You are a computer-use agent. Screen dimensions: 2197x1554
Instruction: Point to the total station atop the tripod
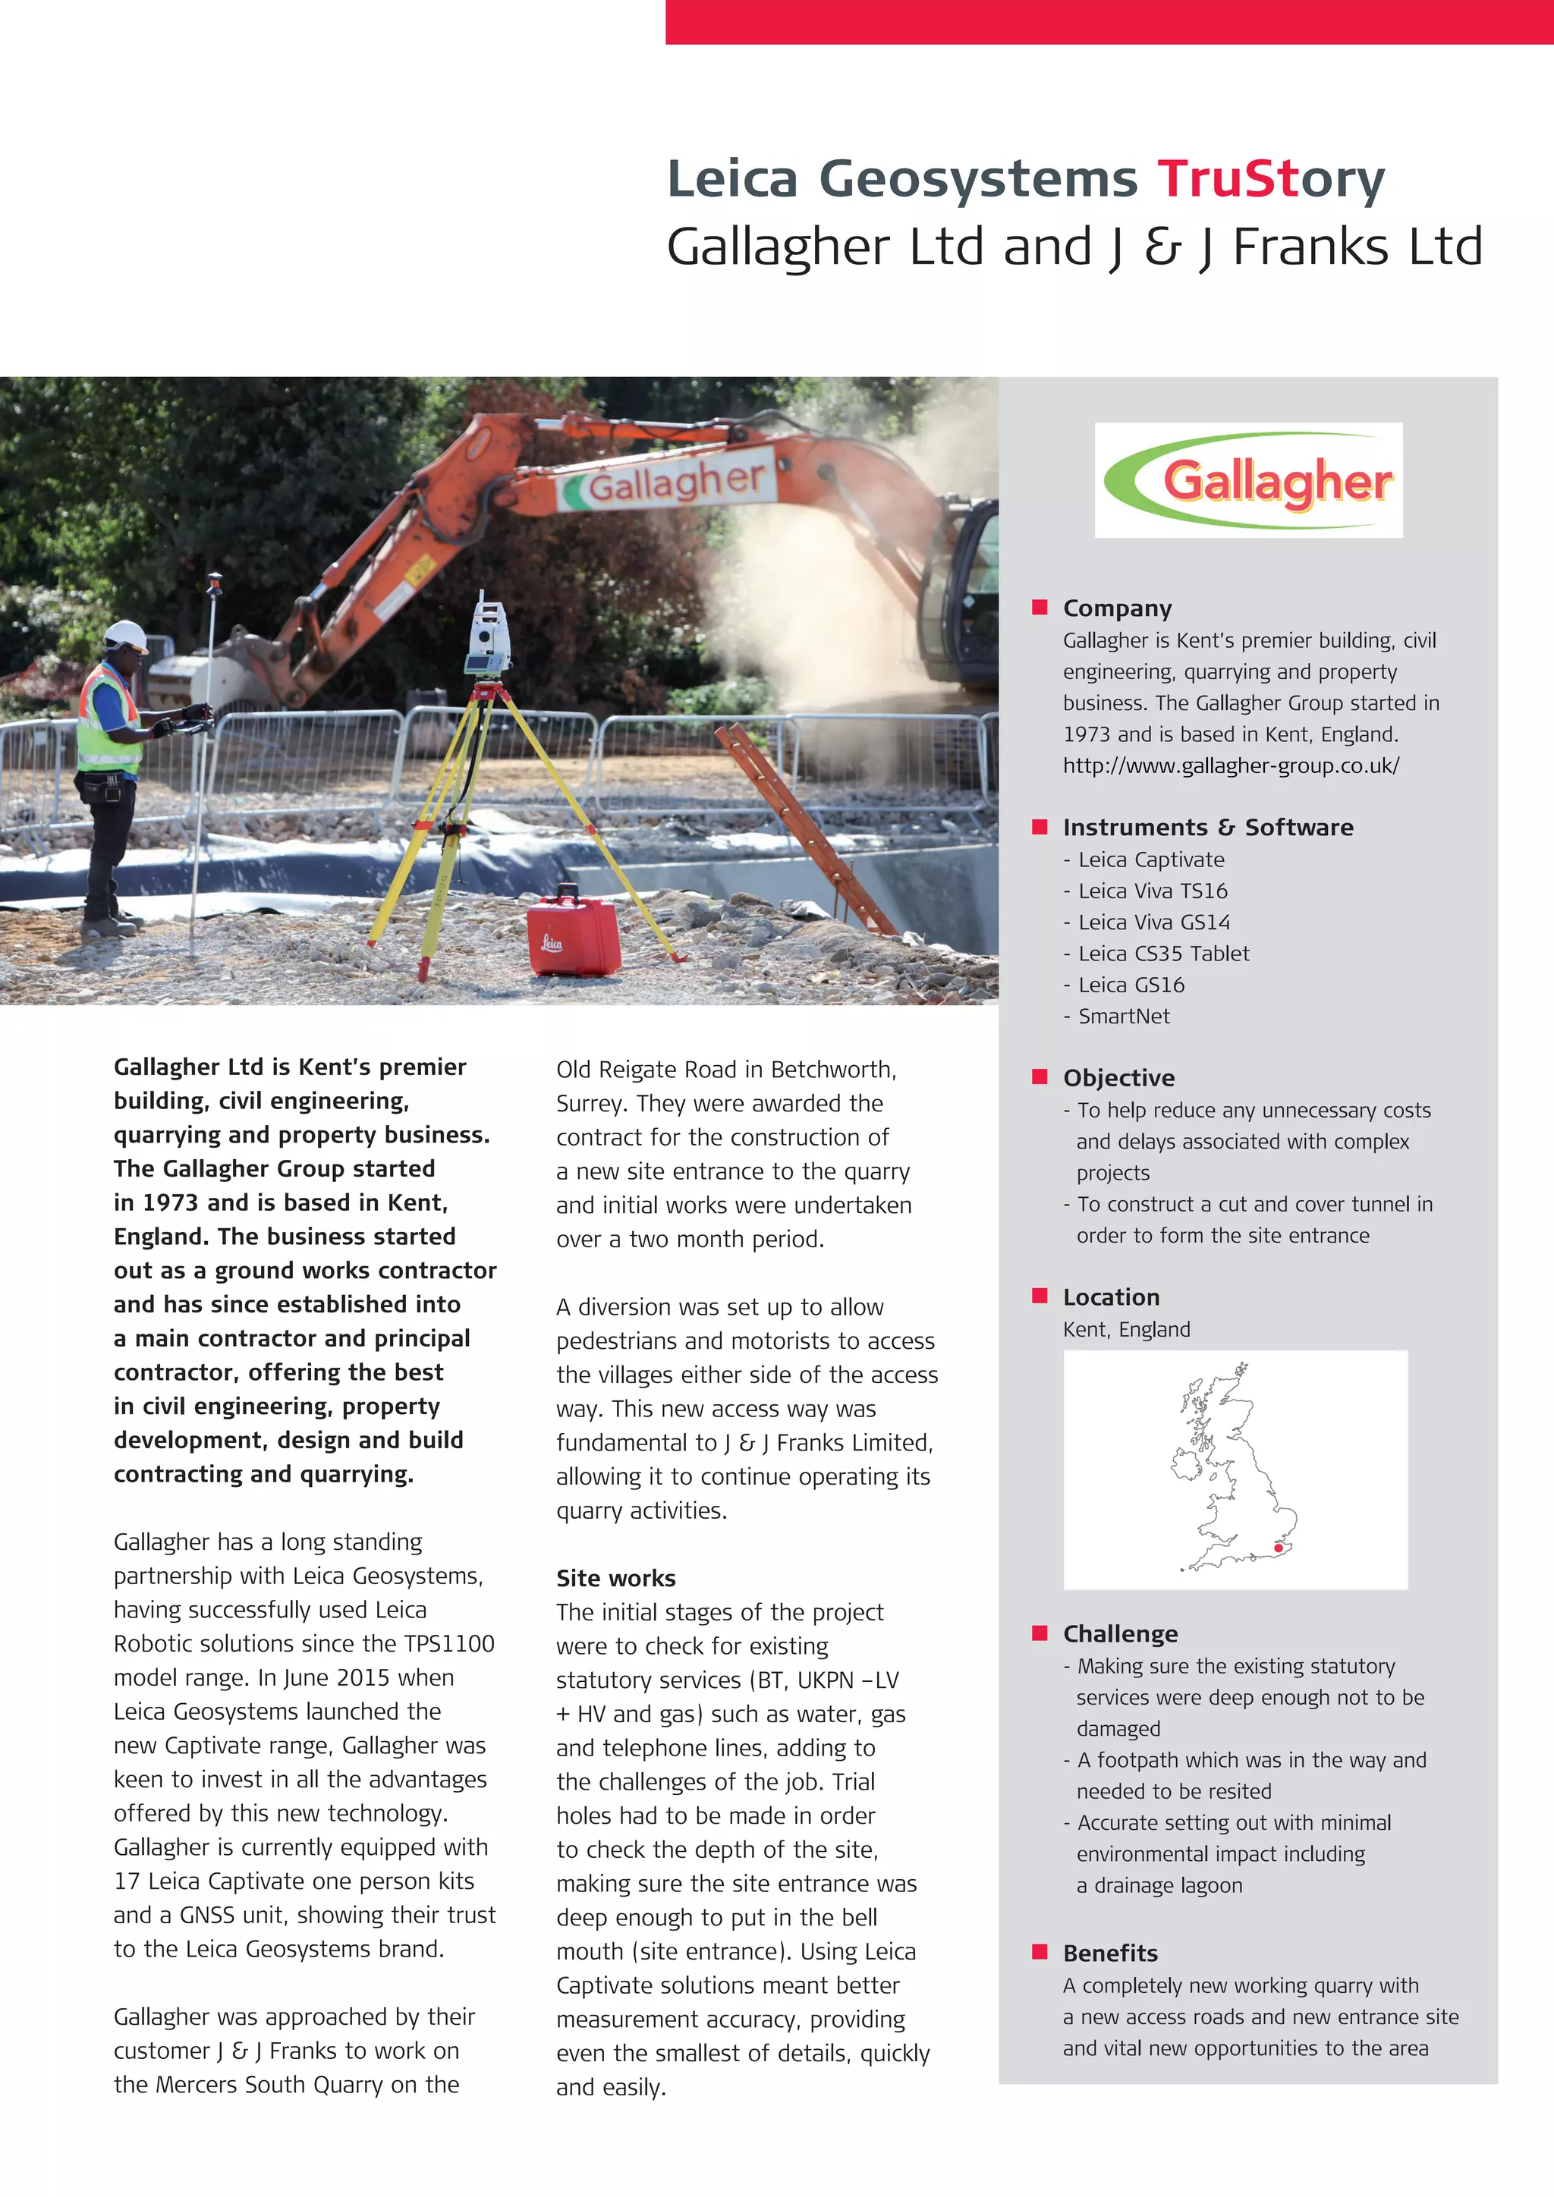point(488,636)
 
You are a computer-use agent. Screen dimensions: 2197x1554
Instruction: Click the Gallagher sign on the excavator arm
point(675,480)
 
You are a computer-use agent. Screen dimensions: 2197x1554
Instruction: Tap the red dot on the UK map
point(1278,1548)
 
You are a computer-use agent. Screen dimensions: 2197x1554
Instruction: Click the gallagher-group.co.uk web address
point(1231,765)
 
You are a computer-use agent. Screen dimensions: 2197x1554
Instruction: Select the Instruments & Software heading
point(1207,827)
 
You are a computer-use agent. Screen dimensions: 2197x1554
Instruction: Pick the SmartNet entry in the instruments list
point(1124,1017)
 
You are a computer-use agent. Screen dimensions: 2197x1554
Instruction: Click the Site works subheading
point(615,1578)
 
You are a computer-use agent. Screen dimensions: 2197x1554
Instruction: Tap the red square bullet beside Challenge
point(1040,1633)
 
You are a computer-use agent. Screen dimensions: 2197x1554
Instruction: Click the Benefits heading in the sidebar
point(1110,1953)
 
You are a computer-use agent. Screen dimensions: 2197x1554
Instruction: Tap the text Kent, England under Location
point(1126,1329)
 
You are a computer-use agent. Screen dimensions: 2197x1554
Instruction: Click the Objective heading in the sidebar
point(1118,1077)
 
